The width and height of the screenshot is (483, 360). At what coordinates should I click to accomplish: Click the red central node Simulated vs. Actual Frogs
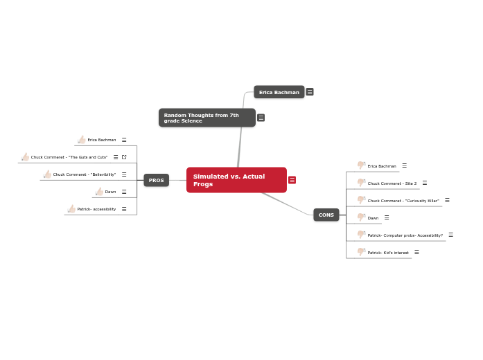click(x=236, y=180)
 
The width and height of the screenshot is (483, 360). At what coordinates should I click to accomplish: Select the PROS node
click(x=156, y=180)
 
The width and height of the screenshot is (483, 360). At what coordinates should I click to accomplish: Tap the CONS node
click(x=326, y=215)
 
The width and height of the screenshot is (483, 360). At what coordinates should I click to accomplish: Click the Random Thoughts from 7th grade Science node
click(x=207, y=118)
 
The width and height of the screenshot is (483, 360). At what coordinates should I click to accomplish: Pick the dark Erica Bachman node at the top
click(x=279, y=92)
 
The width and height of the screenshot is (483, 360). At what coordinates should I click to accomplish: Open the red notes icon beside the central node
click(x=292, y=180)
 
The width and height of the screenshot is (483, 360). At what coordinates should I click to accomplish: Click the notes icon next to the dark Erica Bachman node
click(x=310, y=92)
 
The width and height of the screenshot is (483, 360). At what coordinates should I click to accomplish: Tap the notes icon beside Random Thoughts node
click(x=261, y=118)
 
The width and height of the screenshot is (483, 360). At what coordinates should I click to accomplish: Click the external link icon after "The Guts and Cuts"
click(x=124, y=157)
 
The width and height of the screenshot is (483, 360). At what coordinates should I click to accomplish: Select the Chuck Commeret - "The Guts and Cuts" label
click(x=69, y=157)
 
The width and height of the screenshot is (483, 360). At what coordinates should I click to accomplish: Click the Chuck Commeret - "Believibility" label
click(x=85, y=174)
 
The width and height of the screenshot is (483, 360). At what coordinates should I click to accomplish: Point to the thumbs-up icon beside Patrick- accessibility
click(x=71, y=209)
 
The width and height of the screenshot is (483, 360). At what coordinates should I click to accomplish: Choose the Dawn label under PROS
click(x=110, y=192)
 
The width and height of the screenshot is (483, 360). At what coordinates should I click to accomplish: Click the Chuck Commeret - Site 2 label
click(x=392, y=183)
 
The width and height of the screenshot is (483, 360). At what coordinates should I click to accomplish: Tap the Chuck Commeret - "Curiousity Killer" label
click(x=403, y=201)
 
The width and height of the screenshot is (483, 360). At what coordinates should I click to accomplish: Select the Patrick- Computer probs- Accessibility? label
click(x=405, y=235)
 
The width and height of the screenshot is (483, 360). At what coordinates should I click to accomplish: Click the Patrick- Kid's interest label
click(x=388, y=253)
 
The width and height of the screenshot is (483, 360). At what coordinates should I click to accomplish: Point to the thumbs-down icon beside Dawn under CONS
click(x=361, y=217)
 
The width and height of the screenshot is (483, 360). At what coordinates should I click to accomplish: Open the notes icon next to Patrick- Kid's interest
click(x=416, y=252)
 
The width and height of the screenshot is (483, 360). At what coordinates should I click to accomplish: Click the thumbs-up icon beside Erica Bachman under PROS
click(x=82, y=140)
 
